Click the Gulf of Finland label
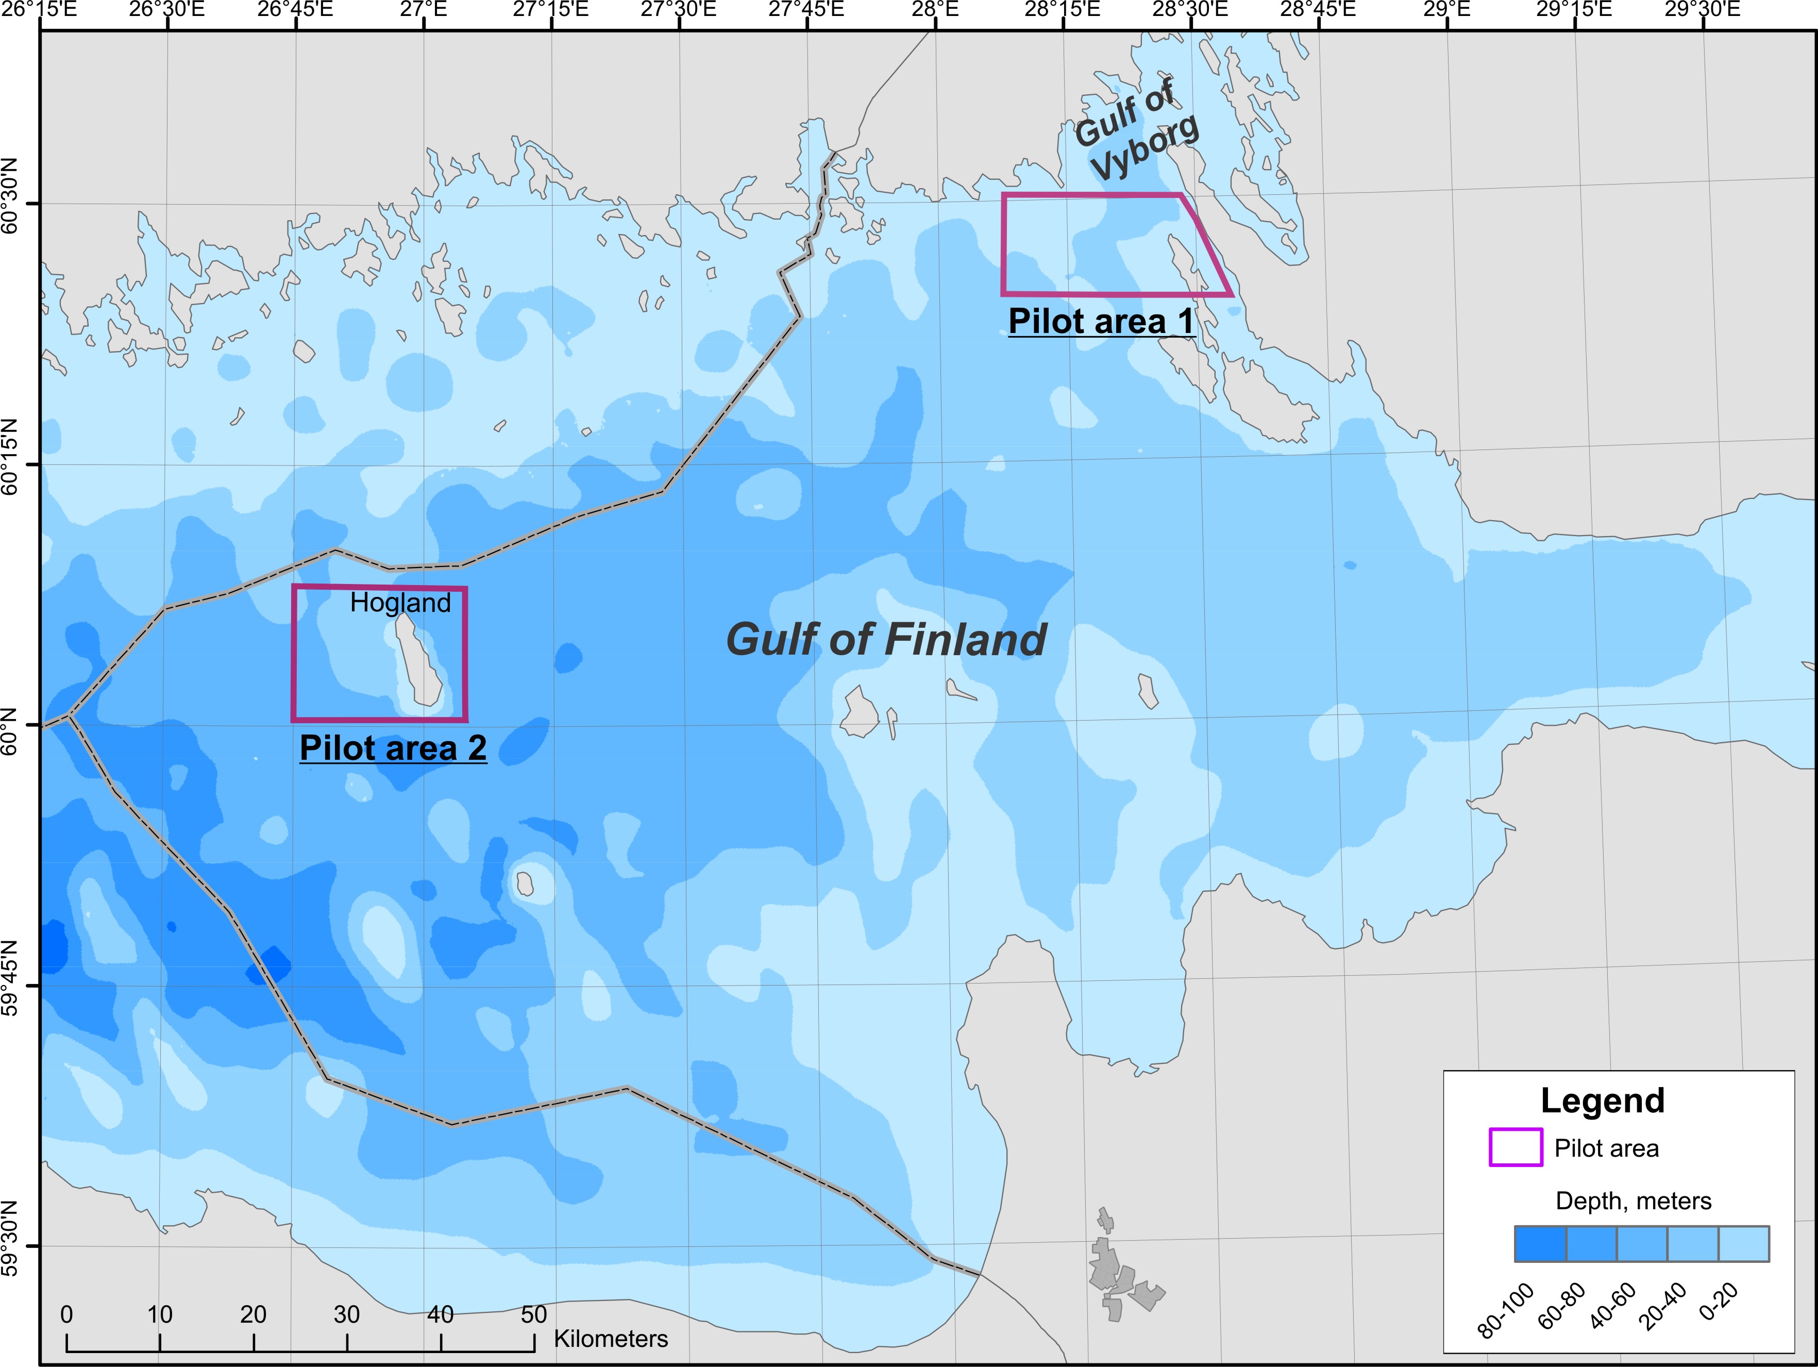(x=886, y=640)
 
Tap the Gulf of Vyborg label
(x=1137, y=131)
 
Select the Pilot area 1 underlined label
(x=1101, y=322)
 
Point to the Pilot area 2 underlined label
(x=393, y=748)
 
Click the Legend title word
(x=1602, y=1100)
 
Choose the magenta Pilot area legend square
(x=1516, y=1147)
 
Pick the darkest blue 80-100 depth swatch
(x=1540, y=1244)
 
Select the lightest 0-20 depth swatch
(x=1743, y=1244)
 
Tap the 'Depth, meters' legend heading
(x=1633, y=1201)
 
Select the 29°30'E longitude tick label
(x=1702, y=10)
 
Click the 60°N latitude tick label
(x=10, y=725)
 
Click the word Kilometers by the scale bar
(x=611, y=1339)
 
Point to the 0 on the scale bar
(x=66, y=1314)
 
